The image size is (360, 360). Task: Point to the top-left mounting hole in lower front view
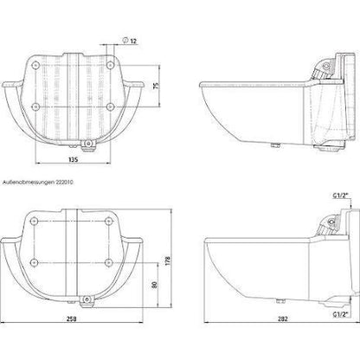point(35,222)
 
